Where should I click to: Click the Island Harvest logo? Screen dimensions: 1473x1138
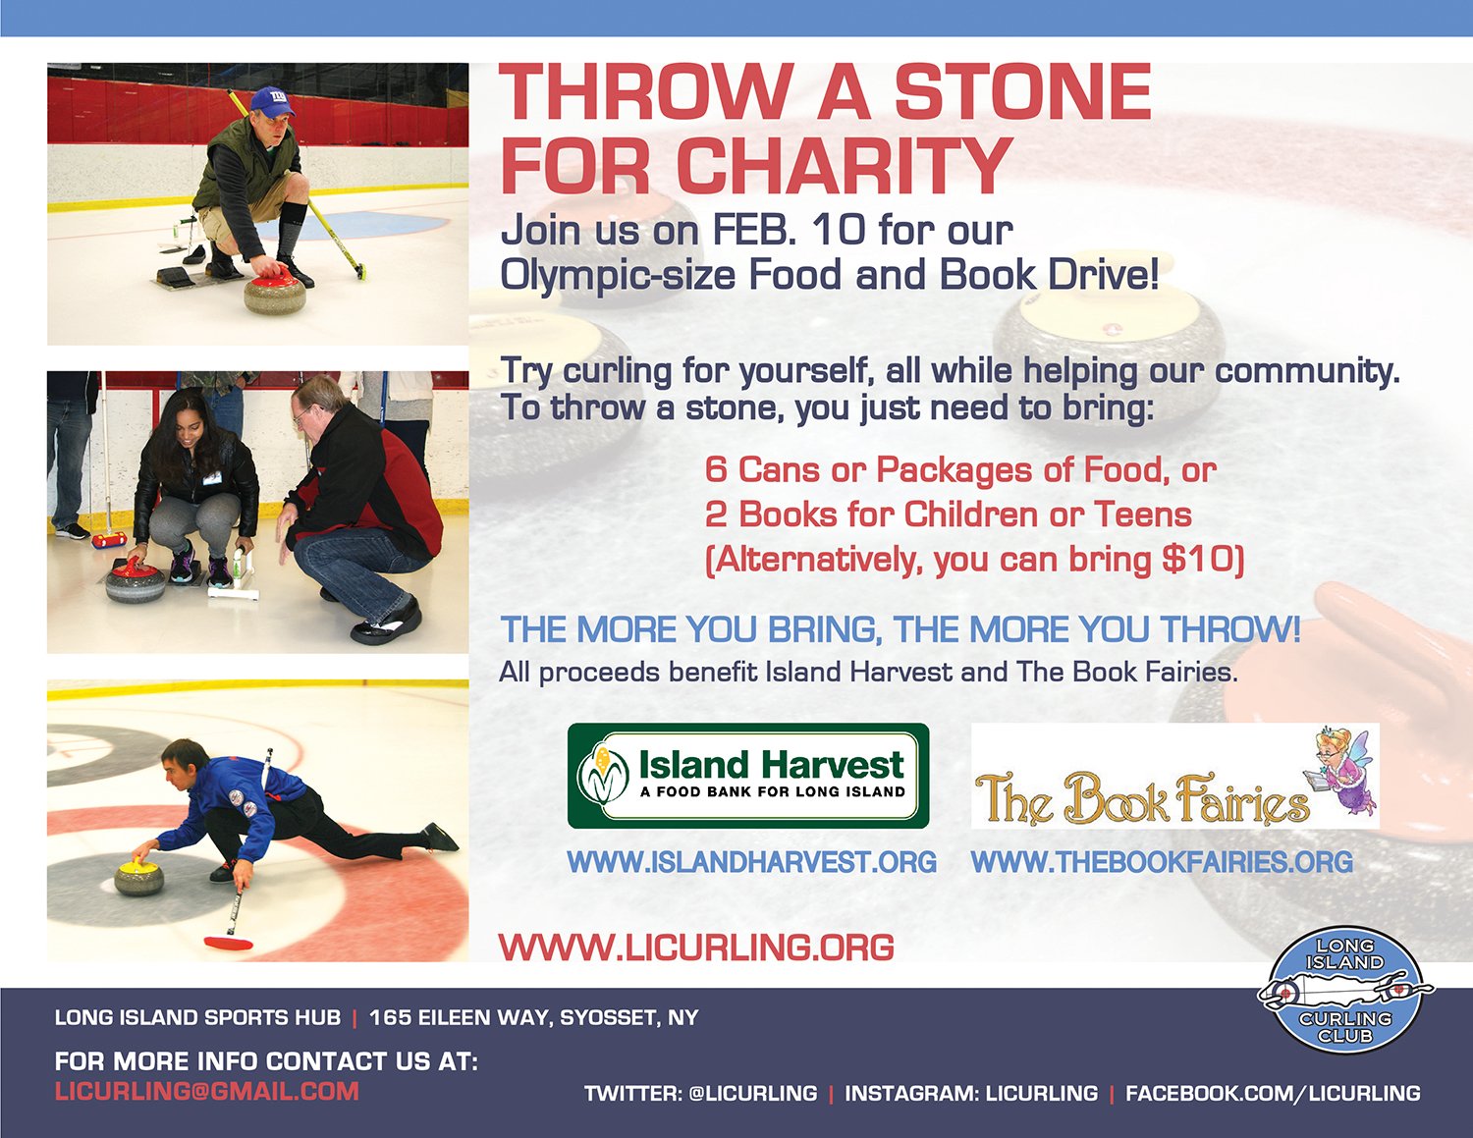coord(747,776)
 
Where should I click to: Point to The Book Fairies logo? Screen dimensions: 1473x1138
coord(1174,776)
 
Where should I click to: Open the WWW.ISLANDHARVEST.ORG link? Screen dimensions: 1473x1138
coord(752,861)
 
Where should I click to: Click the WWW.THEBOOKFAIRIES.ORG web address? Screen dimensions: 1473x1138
coord(1162,861)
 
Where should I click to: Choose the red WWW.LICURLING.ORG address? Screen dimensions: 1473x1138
coord(696,947)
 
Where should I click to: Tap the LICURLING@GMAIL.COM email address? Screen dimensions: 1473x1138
coord(207,1091)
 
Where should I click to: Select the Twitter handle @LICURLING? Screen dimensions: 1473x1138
coord(752,1093)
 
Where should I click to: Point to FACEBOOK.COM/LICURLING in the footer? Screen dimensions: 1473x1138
coord(1273,1093)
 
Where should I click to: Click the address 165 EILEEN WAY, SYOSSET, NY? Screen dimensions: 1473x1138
coord(533,1017)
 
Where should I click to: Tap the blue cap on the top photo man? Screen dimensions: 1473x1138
coord(272,102)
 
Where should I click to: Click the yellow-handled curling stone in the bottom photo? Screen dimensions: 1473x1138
coord(139,878)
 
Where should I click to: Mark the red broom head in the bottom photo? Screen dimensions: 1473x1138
coord(229,943)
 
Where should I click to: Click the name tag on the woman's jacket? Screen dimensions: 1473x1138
coord(212,478)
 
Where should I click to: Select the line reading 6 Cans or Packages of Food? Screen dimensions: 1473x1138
coord(960,469)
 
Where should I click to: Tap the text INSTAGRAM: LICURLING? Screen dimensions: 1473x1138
coord(970,1093)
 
